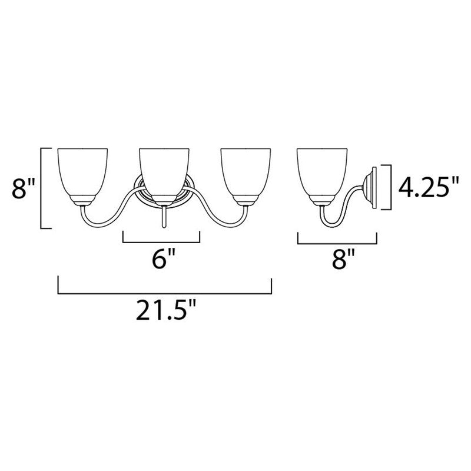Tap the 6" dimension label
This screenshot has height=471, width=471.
(x=160, y=260)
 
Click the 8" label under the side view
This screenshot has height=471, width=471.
(x=337, y=260)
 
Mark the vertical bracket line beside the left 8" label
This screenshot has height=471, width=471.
(x=41, y=189)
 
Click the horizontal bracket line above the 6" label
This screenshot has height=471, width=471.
(x=161, y=241)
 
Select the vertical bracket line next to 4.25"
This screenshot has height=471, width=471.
(x=389, y=187)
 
